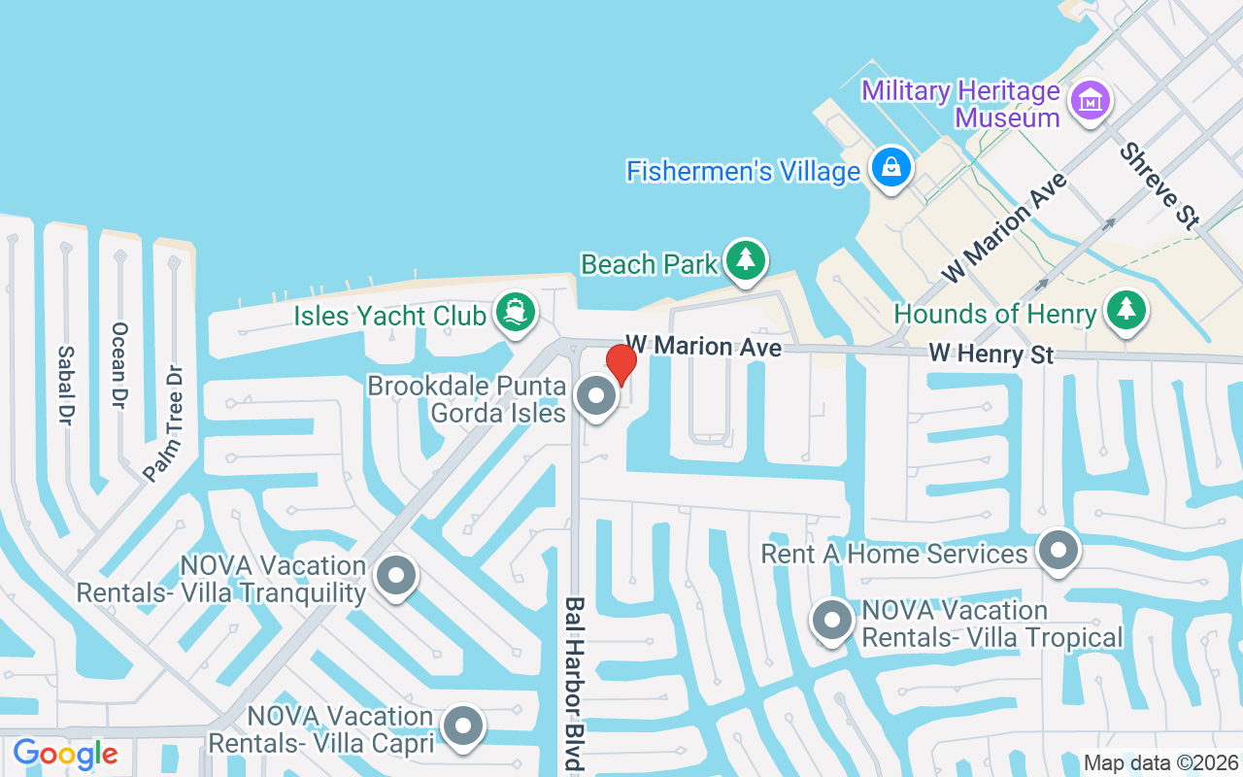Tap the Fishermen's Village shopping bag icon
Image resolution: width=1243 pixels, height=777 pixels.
point(890,168)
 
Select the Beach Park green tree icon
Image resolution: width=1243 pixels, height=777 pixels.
point(745,259)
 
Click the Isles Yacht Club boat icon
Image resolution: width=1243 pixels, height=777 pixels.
point(515,313)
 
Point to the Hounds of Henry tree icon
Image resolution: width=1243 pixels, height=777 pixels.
point(1125,311)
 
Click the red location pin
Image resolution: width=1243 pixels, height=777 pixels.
point(621,364)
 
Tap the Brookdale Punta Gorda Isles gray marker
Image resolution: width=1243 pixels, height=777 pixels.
point(595,396)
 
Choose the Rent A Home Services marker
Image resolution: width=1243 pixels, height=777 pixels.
point(1058,551)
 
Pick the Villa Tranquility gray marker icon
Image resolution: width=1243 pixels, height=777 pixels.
point(394,575)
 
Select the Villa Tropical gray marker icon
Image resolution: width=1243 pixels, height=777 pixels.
point(831,622)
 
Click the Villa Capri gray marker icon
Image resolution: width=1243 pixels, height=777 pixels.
point(462,726)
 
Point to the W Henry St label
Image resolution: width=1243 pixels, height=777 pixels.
point(991,354)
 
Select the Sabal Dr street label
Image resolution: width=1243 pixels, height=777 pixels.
point(66,385)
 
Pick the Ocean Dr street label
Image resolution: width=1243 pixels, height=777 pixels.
point(119,365)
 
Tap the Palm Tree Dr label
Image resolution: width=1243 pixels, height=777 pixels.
point(162,423)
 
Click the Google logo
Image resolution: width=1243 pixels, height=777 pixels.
point(65,754)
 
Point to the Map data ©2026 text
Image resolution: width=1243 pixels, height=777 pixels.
point(1160,762)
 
